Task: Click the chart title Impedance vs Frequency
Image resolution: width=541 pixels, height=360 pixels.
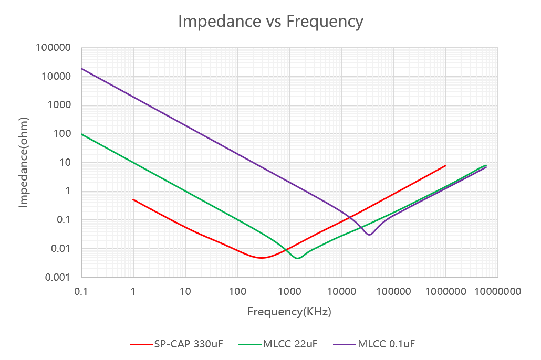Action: click(270, 22)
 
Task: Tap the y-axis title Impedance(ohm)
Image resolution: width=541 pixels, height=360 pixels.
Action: click(23, 163)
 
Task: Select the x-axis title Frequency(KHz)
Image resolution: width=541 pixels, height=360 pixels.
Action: click(289, 312)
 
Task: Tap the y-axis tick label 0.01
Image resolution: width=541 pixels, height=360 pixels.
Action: click(61, 249)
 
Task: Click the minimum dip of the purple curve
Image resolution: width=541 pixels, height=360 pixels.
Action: click(370, 235)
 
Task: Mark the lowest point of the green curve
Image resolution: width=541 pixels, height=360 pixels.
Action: click(298, 258)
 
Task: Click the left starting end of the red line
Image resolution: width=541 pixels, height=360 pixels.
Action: click(133, 199)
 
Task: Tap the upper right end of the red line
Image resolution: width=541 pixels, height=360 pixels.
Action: click(445, 165)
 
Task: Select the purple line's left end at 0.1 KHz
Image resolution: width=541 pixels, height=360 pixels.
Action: click(81, 68)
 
